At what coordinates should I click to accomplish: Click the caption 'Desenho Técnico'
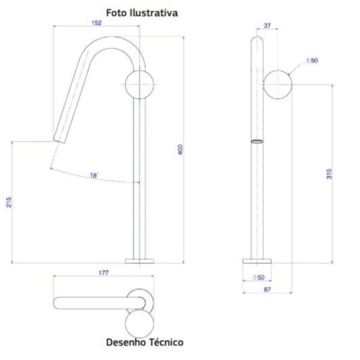click(x=144, y=342)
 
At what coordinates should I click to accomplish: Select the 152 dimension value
click(x=96, y=22)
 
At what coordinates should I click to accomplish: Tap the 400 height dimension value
click(x=181, y=149)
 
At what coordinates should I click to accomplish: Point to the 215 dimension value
click(x=7, y=202)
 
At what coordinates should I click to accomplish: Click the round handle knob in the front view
click(x=139, y=84)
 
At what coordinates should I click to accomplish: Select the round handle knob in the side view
click(x=278, y=84)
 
